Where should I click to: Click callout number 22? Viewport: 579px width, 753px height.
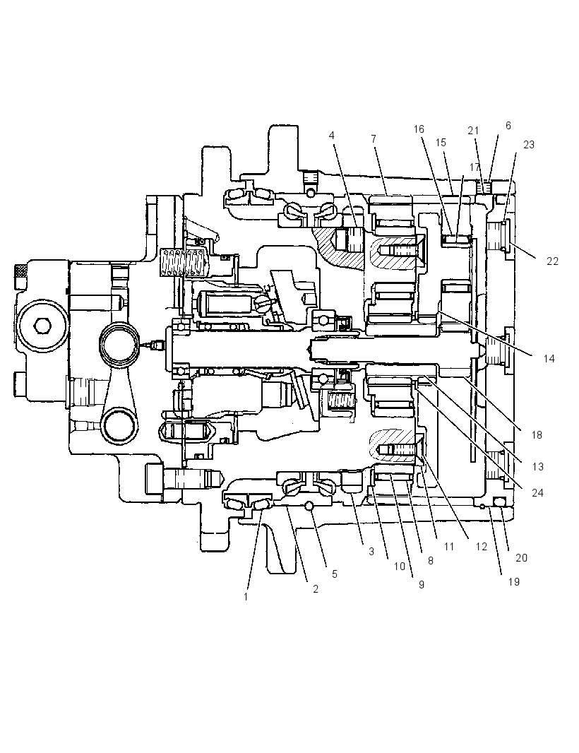tap(552, 261)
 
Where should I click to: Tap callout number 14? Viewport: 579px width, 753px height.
tap(549, 359)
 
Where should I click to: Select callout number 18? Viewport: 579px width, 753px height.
tap(537, 434)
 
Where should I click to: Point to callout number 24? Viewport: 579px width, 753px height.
tap(538, 493)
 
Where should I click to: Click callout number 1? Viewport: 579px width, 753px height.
tap(246, 597)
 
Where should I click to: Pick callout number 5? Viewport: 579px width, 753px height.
tap(335, 574)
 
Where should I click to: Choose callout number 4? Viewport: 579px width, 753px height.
tap(331, 136)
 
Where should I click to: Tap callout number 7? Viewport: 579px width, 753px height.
tap(374, 138)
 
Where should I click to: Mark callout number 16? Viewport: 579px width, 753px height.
tap(419, 129)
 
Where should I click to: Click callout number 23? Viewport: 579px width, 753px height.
tap(529, 145)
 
